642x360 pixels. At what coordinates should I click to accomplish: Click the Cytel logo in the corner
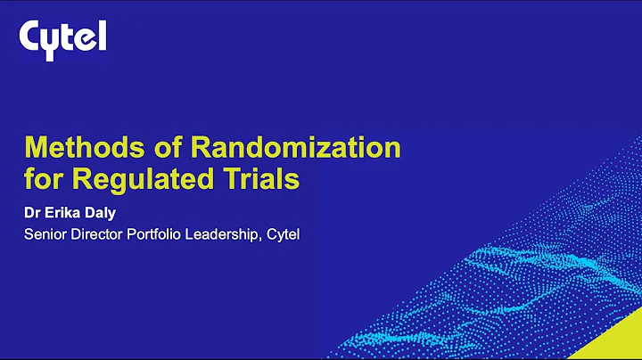(x=63, y=37)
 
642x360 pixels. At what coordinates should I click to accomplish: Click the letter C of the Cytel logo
(x=31, y=37)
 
